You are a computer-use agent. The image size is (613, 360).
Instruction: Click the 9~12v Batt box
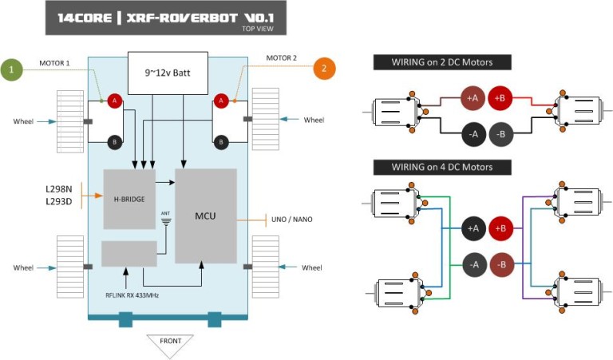tap(168, 72)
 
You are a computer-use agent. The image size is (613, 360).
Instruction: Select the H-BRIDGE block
tap(129, 199)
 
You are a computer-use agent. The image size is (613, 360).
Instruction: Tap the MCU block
tap(205, 216)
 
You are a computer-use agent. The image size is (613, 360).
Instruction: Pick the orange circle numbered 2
tap(323, 69)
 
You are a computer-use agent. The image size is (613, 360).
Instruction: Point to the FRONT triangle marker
tap(170, 344)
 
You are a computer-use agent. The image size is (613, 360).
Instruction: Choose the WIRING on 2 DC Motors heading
tap(441, 63)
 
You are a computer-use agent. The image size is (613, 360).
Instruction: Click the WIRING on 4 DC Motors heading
tap(441, 167)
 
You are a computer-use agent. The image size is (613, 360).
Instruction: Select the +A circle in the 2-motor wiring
tap(473, 97)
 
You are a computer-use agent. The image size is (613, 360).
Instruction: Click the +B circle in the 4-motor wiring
tap(502, 228)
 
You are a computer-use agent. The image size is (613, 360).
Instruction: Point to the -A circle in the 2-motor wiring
tap(473, 134)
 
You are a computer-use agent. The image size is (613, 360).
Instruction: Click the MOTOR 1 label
tap(56, 62)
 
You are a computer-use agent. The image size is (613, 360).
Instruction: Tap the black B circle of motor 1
tap(114, 141)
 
